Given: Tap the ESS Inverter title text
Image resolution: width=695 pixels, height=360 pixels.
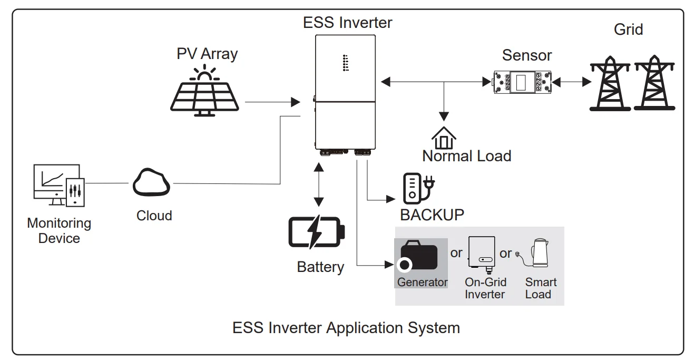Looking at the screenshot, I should [x=347, y=23].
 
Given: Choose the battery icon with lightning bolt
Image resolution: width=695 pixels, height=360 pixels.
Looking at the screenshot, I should [x=316, y=232].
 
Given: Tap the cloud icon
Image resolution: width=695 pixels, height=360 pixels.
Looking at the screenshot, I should [x=151, y=182].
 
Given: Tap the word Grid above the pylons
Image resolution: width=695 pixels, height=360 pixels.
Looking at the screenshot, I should [x=628, y=29].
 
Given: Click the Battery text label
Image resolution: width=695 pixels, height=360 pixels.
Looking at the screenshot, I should [x=320, y=267].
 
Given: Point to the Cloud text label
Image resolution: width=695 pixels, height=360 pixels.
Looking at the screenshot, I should [x=154, y=216].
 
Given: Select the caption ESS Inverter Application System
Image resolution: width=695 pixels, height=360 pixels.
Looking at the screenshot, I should [x=346, y=328].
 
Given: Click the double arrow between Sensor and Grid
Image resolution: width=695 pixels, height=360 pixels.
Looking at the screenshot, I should [x=571, y=82].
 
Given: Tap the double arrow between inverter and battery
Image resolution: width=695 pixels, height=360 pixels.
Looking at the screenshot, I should [x=318, y=184].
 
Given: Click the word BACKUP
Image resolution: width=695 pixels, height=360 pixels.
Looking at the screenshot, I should [x=432, y=215].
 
